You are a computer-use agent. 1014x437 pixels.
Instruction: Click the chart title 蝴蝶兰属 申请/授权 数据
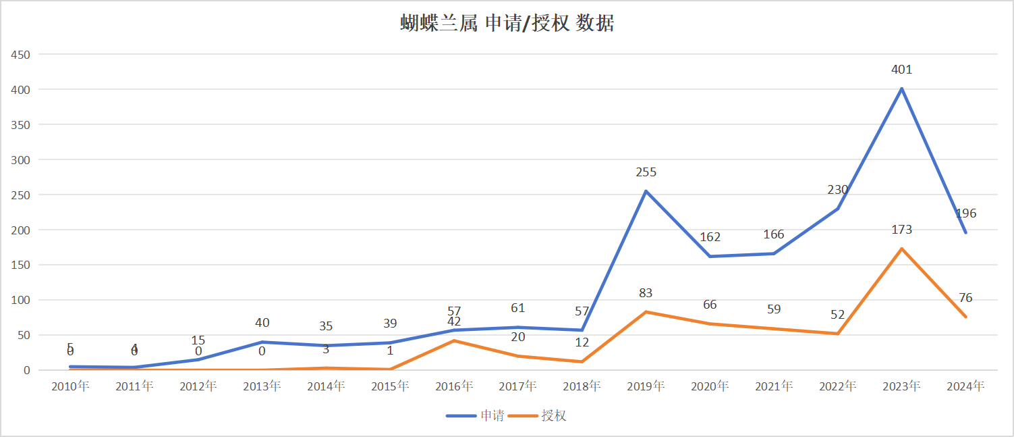click(507, 24)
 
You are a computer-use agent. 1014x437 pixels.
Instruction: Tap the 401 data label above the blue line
click(901, 70)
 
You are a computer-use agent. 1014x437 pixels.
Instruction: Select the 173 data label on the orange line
click(901, 230)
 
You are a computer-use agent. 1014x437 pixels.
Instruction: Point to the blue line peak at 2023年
click(901, 88)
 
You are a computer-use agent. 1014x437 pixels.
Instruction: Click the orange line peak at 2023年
click(901, 249)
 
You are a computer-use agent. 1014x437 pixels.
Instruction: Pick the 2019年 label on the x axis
click(646, 386)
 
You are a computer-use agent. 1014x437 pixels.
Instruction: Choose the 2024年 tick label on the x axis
click(965, 386)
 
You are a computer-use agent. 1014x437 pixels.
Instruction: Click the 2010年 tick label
click(70, 386)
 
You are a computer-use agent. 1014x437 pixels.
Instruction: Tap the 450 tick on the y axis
click(21, 54)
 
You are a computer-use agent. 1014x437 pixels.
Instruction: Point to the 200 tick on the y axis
click(21, 230)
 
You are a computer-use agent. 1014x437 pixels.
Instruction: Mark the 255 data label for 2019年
click(646, 172)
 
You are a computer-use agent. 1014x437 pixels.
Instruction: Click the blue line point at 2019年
click(646, 191)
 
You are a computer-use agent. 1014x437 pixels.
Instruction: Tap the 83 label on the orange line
click(646, 293)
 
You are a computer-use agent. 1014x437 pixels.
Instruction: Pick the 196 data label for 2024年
click(965, 213)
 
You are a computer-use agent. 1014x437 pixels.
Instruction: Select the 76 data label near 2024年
click(965, 298)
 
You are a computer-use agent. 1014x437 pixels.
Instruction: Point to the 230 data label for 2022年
click(838, 190)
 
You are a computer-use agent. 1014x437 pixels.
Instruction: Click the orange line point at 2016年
click(454, 340)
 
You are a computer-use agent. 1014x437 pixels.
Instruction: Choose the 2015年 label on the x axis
click(390, 386)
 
